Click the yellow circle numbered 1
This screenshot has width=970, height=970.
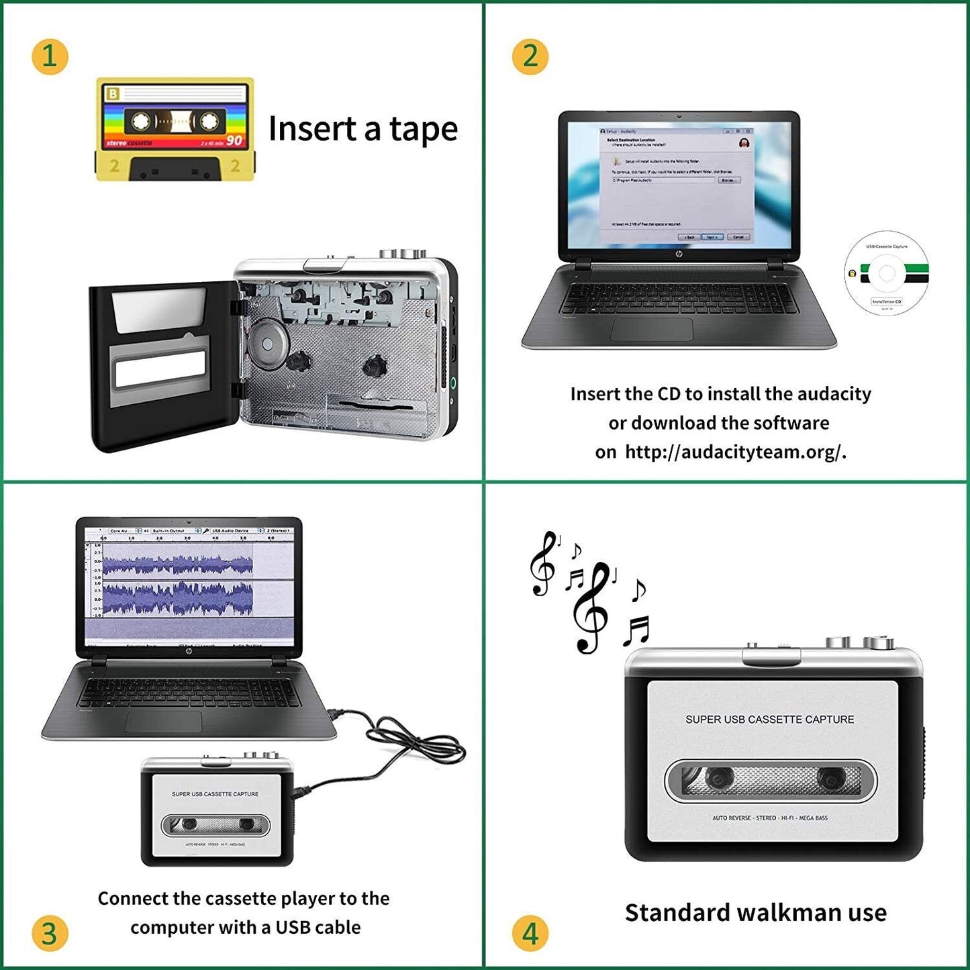50,56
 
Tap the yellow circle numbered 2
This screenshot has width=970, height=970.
530,56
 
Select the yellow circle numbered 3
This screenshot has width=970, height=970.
50,933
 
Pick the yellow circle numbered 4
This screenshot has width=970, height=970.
530,933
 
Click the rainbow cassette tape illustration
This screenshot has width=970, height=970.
175,129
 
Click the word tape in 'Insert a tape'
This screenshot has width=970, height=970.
423,129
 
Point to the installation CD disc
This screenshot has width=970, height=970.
886,273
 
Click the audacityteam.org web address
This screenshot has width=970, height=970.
735,452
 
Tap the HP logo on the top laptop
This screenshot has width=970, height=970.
679,254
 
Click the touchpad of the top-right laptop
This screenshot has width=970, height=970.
652,330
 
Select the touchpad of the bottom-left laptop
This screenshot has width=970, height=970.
163,721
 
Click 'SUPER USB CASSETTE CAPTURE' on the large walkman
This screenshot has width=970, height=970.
769,720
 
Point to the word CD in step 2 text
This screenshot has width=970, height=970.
669,394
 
